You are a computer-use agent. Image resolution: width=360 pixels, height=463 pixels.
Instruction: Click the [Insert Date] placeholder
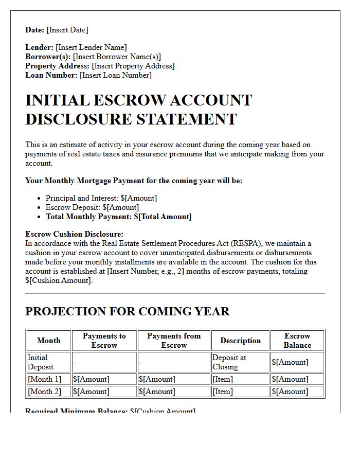click(x=67, y=30)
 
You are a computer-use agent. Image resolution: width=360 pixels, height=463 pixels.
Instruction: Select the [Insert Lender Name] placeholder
click(x=91, y=47)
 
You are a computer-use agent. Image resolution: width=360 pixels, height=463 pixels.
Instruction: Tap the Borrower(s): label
click(x=48, y=57)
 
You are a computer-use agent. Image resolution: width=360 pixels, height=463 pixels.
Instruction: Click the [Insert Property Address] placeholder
click(x=133, y=66)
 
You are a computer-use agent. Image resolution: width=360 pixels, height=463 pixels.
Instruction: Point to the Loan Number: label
click(x=51, y=75)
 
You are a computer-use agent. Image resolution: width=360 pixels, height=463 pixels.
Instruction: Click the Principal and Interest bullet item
click(x=101, y=198)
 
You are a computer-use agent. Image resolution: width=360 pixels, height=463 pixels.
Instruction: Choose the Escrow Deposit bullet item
click(x=92, y=207)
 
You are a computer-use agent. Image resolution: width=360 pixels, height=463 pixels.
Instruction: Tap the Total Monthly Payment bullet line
click(x=118, y=217)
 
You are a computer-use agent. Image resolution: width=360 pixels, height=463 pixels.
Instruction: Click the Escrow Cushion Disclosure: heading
click(x=74, y=234)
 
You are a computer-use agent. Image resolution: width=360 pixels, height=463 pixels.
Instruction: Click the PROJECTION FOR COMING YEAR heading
click(x=127, y=311)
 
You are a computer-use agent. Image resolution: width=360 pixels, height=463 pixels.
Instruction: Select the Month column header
click(x=49, y=341)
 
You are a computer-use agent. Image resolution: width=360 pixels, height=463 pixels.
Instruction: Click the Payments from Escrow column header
click(x=174, y=341)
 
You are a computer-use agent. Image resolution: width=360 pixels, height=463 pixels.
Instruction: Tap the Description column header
click(x=240, y=341)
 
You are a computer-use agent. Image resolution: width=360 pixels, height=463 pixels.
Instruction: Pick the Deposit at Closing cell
click(x=229, y=362)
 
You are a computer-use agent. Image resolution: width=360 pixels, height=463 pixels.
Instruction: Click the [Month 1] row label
click(x=44, y=379)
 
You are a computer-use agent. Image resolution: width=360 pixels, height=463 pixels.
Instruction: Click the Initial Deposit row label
click(x=41, y=362)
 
